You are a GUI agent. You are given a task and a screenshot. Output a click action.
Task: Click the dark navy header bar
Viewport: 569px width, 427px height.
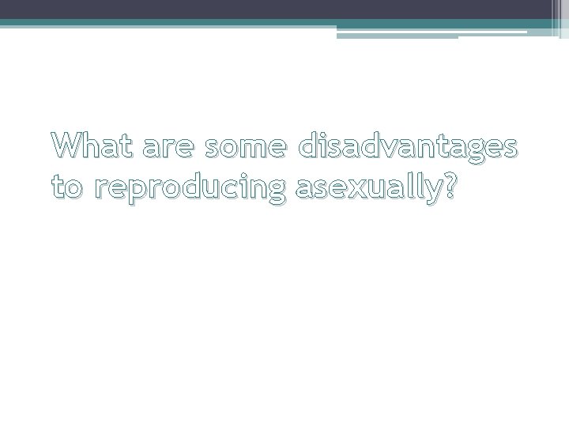tap(277, 9)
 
